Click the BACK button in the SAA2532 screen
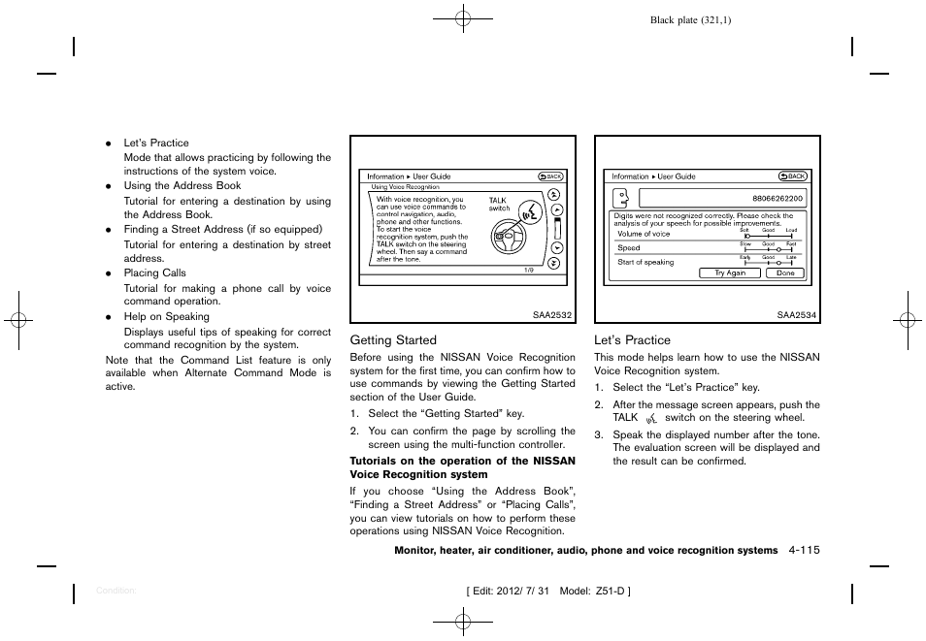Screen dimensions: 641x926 550,176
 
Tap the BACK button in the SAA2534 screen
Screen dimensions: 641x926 793,176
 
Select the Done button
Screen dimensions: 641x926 784,273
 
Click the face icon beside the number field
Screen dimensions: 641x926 619,198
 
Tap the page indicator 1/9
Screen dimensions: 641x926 528,270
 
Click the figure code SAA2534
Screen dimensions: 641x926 798,314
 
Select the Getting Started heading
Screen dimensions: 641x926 393,340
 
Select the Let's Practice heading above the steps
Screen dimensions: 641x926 632,340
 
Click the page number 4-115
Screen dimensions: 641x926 805,550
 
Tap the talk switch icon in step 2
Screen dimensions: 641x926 651,418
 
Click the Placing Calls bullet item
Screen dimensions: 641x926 154,273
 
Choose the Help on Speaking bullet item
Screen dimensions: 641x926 166,317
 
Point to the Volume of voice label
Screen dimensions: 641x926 644,234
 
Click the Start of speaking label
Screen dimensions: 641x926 645,262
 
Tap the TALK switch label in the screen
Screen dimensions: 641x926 499,204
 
